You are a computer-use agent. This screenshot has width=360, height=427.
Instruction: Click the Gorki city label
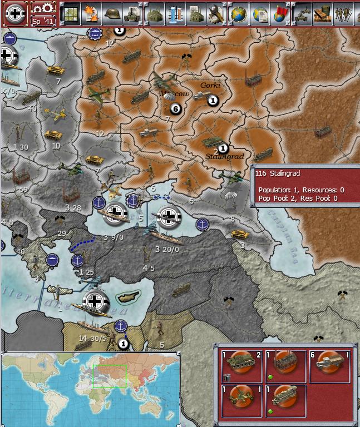tap(210, 85)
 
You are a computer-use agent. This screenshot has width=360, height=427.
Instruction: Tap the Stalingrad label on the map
tap(225, 156)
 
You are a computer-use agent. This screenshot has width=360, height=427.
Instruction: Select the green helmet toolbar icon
tap(111, 14)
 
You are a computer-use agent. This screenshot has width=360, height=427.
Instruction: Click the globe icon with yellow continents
tap(239, 14)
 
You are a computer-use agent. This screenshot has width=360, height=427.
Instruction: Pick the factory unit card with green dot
tap(285, 366)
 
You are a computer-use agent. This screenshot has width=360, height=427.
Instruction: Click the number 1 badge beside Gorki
tap(212, 101)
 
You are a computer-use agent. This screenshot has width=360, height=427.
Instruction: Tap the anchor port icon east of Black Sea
tap(203, 224)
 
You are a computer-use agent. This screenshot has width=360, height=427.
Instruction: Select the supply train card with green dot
tap(285, 400)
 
